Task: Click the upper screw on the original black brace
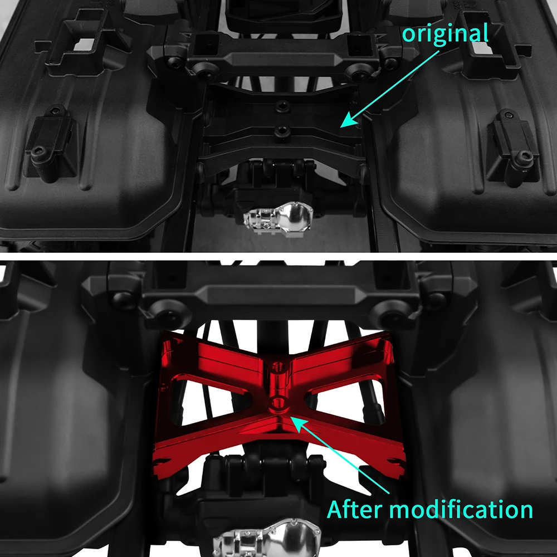coord(282,105)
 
